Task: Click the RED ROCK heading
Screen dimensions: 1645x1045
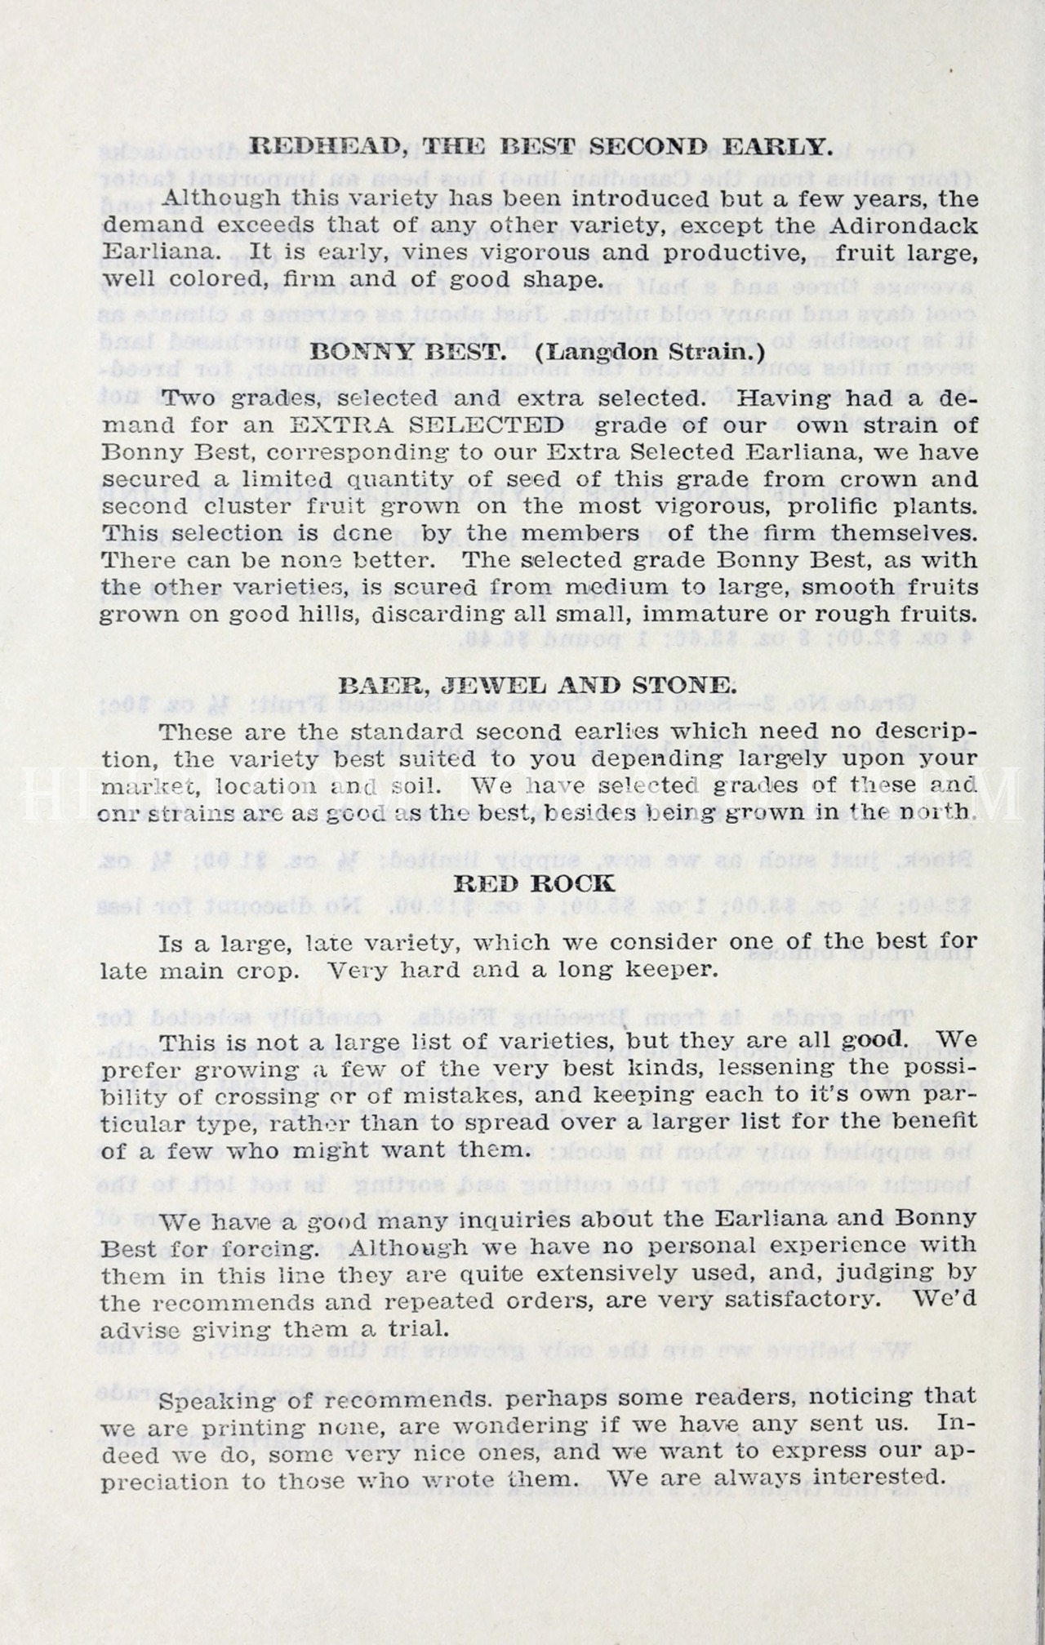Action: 534,883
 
